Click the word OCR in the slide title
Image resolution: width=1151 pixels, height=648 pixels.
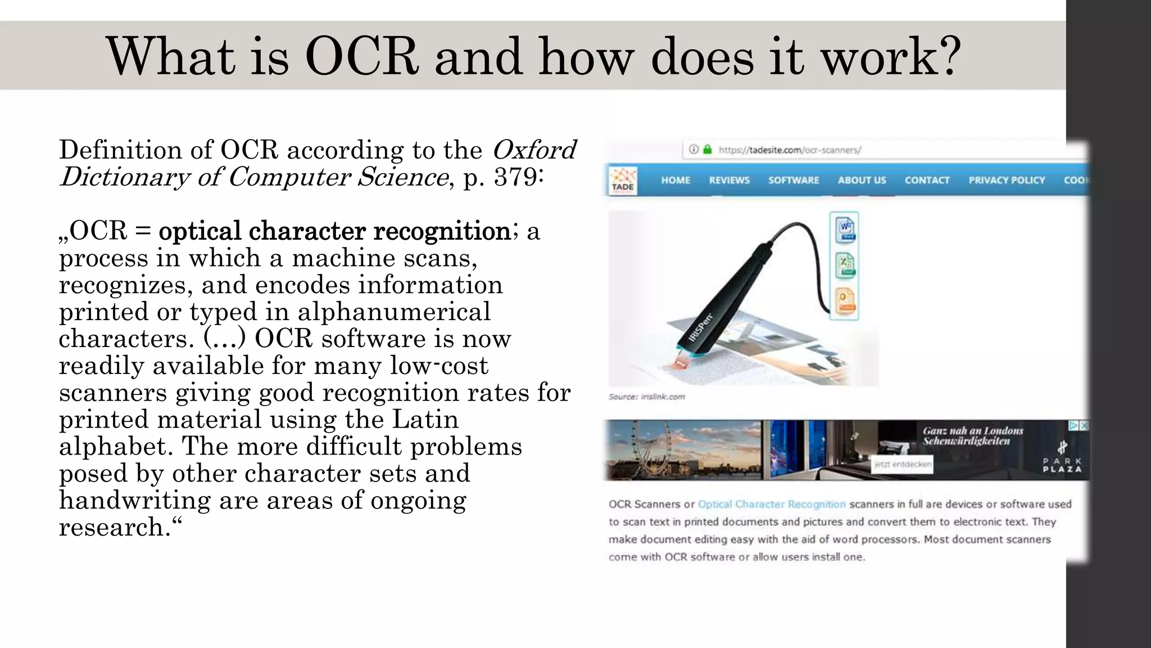361,57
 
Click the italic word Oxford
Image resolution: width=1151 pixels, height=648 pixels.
533,150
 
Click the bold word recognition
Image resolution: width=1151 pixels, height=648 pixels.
442,231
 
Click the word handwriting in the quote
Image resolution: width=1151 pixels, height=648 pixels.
134,501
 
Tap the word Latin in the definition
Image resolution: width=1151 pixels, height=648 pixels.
425,420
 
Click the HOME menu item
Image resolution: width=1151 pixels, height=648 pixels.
675,181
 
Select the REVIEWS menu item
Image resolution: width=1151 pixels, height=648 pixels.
729,181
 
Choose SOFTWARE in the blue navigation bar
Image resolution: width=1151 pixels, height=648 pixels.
793,181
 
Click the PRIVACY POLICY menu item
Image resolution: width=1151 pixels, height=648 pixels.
1006,181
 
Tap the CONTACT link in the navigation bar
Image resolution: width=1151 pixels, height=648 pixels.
927,181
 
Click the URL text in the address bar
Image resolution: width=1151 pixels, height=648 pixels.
789,150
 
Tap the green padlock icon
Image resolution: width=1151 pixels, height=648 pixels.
708,150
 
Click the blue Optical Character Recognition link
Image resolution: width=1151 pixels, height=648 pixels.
771,505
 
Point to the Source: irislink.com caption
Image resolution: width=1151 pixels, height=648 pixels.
646,397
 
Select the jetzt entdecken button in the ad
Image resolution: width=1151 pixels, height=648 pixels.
902,465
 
